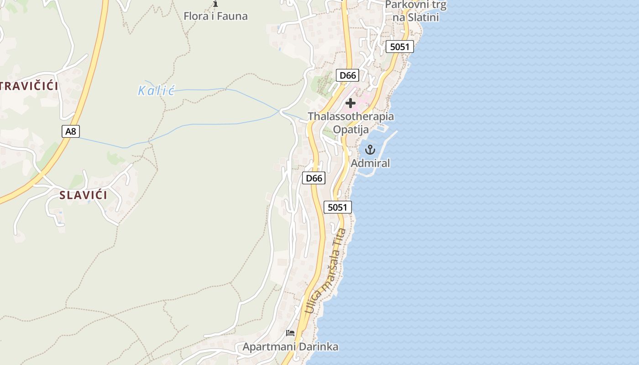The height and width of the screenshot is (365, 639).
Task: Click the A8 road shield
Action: tap(70, 131)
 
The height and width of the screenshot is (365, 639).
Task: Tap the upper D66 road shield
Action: tap(348, 75)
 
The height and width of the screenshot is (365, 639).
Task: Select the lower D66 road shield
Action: tap(314, 178)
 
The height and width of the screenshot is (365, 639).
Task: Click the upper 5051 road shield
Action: tap(399, 47)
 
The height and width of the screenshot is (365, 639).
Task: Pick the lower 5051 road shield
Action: tap(338, 207)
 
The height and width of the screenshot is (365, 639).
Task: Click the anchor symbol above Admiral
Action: tap(370, 149)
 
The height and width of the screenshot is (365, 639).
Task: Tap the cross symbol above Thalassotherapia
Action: tap(351, 103)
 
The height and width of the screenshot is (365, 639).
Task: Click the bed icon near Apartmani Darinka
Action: tap(290, 333)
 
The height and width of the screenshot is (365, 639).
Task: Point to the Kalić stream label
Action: tap(156, 90)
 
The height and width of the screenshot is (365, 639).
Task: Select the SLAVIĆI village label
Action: tap(84, 195)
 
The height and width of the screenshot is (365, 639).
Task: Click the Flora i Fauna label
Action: tap(215, 16)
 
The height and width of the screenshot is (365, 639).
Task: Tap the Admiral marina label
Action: tap(370, 163)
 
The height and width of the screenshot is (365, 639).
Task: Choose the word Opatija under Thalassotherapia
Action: tap(351, 130)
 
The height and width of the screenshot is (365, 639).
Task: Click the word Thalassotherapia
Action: tap(351, 116)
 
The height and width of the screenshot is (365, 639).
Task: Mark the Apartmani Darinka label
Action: tap(290, 347)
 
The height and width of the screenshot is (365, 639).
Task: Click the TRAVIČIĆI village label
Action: tap(29, 86)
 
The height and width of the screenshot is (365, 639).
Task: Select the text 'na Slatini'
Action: tap(416, 18)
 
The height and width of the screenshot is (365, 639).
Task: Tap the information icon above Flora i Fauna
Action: tap(215, 4)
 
